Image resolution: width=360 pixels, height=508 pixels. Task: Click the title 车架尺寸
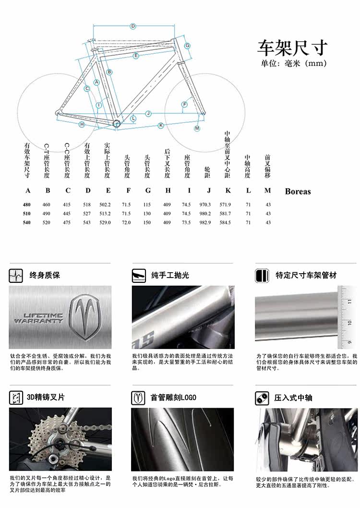[x=293, y=48]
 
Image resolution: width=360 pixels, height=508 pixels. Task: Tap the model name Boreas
[x=298, y=191]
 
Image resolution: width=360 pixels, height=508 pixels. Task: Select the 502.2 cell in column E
[x=108, y=205]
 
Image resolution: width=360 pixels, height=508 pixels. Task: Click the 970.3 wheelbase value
[x=207, y=205]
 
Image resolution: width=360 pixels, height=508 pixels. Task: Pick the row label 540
[x=27, y=222]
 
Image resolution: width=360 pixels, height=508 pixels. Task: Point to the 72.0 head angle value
[x=127, y=222]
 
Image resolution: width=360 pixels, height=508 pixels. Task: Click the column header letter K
[x=228, y=191]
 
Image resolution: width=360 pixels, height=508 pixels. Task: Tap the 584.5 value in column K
[x=225, y=222]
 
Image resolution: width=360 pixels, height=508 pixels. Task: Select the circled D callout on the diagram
[x=133, y=26]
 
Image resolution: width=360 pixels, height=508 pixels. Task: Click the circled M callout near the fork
[x=197, y=128]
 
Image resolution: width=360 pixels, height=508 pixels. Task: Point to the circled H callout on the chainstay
[x=82, y=124]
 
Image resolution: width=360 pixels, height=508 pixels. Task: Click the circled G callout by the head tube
[x=188, y=46]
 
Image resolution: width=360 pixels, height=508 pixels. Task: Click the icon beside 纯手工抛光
[x=139, y=276]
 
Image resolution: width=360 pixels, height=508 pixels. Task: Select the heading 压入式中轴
[x=293, y=398]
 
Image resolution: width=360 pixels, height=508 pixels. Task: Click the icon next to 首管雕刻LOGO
[x=139, y=398]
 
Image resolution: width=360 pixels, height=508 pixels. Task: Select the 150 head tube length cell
[x=148, y=222]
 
